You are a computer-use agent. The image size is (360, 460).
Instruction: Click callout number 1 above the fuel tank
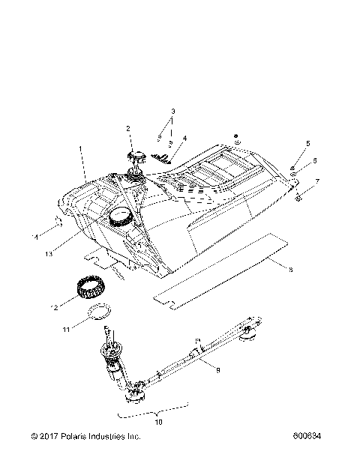click(81, 150)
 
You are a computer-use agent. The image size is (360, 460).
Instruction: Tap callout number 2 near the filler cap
click(128, 129)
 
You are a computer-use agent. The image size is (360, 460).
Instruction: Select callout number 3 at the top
click(172, 111)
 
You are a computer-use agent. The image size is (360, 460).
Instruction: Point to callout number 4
click(184, 139)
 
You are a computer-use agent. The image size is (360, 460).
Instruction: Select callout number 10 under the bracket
click(157, 422)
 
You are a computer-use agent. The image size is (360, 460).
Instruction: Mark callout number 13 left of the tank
click(49, 254)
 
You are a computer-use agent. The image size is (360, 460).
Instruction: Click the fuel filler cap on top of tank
click(137, 157)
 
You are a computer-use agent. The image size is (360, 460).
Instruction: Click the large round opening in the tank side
click(120, 219)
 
